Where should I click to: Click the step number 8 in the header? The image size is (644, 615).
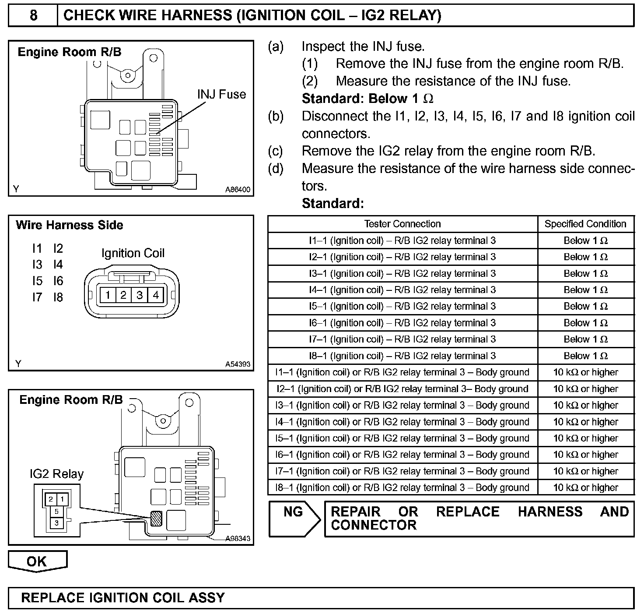33,16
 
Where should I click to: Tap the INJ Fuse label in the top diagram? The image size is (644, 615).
221,94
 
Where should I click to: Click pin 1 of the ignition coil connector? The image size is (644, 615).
108,295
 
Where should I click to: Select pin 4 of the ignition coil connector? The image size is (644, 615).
156,295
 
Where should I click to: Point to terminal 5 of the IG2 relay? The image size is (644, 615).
56,511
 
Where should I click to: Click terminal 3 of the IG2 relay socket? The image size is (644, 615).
56,523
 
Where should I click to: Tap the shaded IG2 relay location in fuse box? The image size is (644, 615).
155,519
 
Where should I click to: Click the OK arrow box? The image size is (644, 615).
37,561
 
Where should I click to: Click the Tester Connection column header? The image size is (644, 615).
402,224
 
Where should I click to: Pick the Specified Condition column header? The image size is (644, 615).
585,224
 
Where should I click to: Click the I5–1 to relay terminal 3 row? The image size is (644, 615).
402,306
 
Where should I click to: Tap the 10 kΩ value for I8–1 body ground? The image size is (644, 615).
585,488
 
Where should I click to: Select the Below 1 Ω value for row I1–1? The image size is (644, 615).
585,240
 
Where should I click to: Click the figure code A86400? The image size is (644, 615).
238,190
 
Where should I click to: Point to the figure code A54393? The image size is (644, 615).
238,364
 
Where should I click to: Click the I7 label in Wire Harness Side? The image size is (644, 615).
37,297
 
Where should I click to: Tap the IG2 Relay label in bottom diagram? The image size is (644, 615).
56,474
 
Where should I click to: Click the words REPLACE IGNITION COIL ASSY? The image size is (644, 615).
123,598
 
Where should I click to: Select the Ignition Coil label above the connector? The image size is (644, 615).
133,253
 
